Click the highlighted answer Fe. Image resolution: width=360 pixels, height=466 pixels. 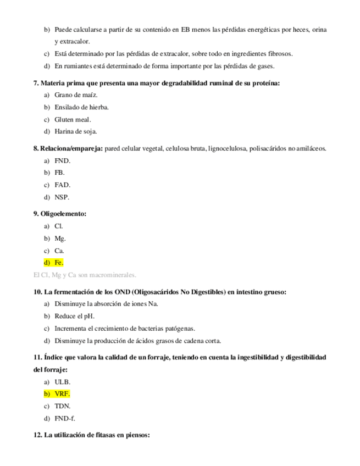pyautogui.click(x=59, y=263)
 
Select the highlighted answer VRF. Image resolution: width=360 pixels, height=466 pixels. pyautogui.click(x=62, y=394)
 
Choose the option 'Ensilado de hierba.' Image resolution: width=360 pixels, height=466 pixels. pyautogui.click(x=81, y=107)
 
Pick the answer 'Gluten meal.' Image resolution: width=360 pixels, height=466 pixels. pyautogui.click(x=73, y=119)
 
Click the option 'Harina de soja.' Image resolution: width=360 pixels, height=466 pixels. pyautogui.click(x=75, y=131)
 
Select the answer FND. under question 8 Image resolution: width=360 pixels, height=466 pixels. pyautogui.click(x=62, y=161)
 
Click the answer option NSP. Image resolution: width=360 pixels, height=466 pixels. pyautogui.click(x=62, y=197)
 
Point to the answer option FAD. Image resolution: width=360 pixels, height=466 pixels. pyautogui.click(x=62, y=185)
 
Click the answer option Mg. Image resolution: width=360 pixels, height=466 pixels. pyautogui.click(x=60, y=238)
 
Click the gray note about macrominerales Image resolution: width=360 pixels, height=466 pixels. pyautogui.click(x=85, y=275)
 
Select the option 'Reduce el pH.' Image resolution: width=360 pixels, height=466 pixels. pyautogui.click(x=74, y=317)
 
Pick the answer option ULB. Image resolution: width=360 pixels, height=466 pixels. pyautogui.click(x=62, y=382)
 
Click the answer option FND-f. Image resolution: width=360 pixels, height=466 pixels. pyautogui.click(x=65, y=418)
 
